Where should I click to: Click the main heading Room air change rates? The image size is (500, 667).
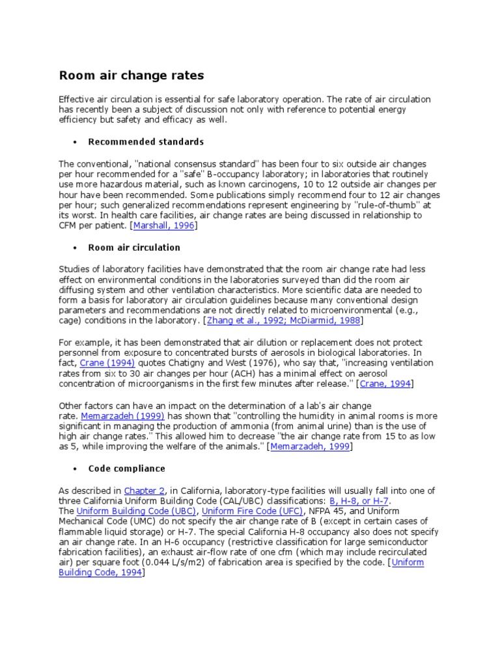click(x=132, y=76)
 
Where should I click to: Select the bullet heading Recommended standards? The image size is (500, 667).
click(x=146, y=141)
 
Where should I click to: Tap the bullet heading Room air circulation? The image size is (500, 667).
click(x=134, y=248)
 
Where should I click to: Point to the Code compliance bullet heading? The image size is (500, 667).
click(x=126, y=468)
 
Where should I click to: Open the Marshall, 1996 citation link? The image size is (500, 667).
click(x=163, y=225)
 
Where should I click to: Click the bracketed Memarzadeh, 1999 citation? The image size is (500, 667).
click(x=310, y=447)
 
